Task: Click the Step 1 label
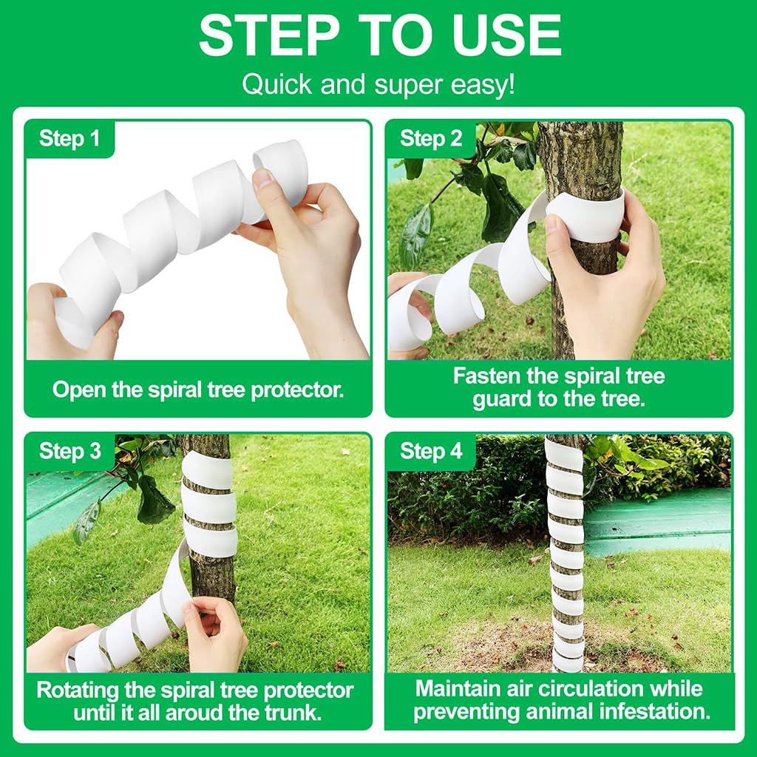(x=69, y=139)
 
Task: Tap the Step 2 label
(x=431, y=139)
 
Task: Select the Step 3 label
(x=70, y=452)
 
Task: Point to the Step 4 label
(x=431, y=452)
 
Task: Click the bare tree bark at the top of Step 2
(x=580, y=155)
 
